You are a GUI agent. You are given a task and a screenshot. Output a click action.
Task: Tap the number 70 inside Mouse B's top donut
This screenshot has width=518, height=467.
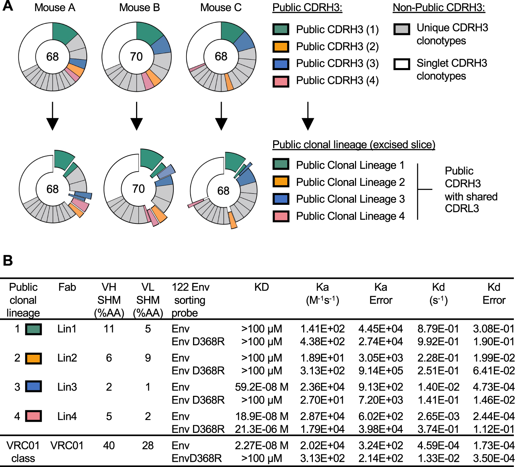(x=136, y=57)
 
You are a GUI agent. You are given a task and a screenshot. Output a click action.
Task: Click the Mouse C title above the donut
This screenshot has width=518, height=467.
(x=221, y=8)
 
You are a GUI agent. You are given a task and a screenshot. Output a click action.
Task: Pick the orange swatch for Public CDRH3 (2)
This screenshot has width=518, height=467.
(x=281, y=47)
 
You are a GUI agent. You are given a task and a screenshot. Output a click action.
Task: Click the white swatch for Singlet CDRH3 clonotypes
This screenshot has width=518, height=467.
(x=402, y=64)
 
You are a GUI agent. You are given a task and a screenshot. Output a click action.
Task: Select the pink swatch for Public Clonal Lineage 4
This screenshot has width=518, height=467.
(x=281, y=216)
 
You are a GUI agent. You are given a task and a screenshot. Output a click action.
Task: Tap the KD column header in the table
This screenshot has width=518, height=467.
(x=261, y=287)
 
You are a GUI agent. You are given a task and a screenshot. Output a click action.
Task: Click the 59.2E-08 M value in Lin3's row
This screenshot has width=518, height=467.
(x=261, y=387)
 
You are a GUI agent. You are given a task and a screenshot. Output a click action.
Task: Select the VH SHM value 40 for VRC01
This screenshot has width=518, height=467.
(x=109, y=446)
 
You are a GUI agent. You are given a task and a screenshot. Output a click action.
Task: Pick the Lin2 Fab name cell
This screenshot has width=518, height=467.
(x=67, y=358)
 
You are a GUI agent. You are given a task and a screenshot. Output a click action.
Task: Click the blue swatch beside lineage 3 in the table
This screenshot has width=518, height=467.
(x=33, y=387)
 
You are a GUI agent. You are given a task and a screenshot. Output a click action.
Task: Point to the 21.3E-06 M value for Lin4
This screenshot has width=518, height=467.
(x=261, y=429)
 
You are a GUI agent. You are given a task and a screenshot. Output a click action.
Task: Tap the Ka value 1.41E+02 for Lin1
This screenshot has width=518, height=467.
(x=322, y=329)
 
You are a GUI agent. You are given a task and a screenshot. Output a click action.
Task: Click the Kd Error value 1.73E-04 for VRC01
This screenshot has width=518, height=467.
(x=493, y=446)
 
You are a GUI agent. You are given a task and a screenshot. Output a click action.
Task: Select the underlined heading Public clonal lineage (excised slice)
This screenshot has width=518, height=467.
(x=354, y=145)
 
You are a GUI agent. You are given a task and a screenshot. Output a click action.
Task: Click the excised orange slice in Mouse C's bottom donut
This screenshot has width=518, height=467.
(x=233, y=220)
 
